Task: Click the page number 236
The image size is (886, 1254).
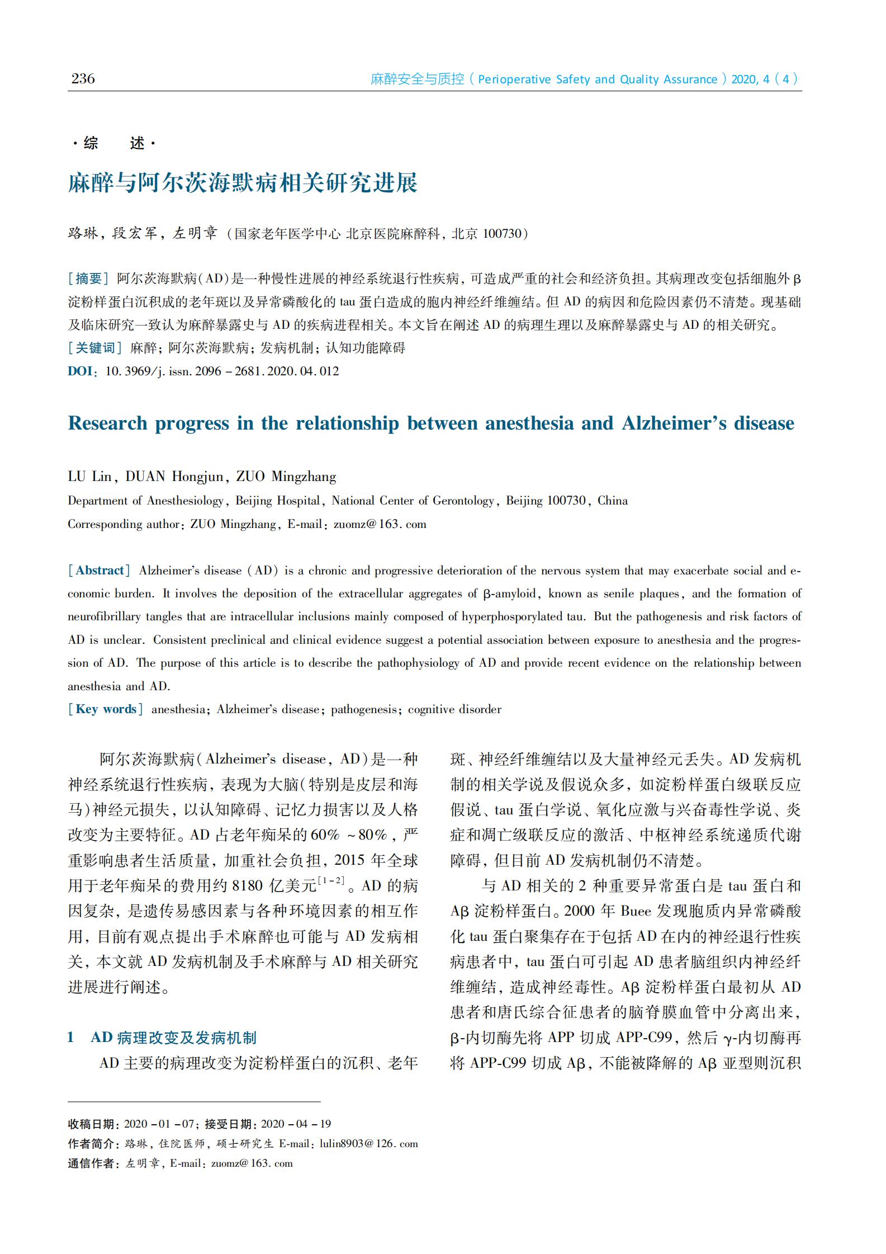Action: pyautogui.click(x=83, y=79)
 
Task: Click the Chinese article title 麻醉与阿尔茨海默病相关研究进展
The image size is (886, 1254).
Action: pyautogui.click(x=243, y=183)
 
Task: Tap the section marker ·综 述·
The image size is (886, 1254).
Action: pyautogui.click(x=114, y=144)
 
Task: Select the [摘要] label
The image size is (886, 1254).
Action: pyautogui.click(x=88, y=279)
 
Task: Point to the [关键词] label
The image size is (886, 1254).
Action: pyautogui.click(x=94, y=348)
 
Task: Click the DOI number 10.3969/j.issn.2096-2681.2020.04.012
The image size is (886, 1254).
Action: pyautogui.click(x=222, y=371)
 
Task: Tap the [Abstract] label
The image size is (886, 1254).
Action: pyautogui.click(x=100, y=571)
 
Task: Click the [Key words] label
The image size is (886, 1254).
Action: pyautogui.click(x=106, y=709)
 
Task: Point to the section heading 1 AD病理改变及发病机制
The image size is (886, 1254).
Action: pyautogui.click(x=162, y=1038)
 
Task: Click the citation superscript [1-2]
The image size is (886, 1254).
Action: pyautogui.click(x=330, y=881)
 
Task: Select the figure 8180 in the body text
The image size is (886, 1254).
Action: pyautogui.click(x=247, y=886)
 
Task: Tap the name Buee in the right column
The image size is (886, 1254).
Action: pyautogui.click(x=636, y=911)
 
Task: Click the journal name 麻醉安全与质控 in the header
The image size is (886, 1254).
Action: pyautogui.click(x=418, y=79)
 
